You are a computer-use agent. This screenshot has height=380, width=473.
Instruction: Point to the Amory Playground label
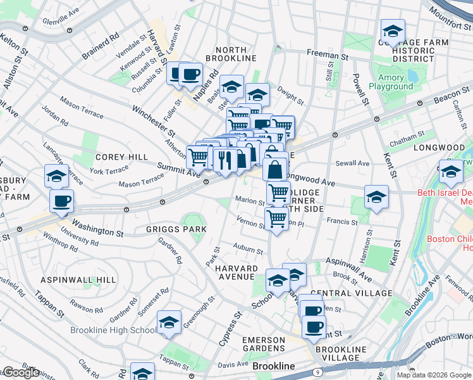pyautogui.click(x=386, y=82)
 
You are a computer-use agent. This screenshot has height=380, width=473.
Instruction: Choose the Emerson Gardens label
pyautogui.click(x=264, y=344)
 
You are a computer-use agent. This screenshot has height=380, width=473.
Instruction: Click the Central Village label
pyautogui.click(x=352, y=293)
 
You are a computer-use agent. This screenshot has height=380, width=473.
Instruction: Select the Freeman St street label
pyautogui.click(x=328, y=56)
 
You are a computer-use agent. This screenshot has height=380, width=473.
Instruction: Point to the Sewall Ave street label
pyautogui.click(x=353, y=163)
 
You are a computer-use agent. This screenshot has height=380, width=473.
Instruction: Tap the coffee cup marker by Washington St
pyautogui.click(x=61, y=202)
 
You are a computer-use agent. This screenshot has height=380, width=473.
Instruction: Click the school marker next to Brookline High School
pyautogui.click(x=169, y=323)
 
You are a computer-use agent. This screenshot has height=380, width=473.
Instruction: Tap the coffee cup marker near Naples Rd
pyautogui.click(x=190, y=75)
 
